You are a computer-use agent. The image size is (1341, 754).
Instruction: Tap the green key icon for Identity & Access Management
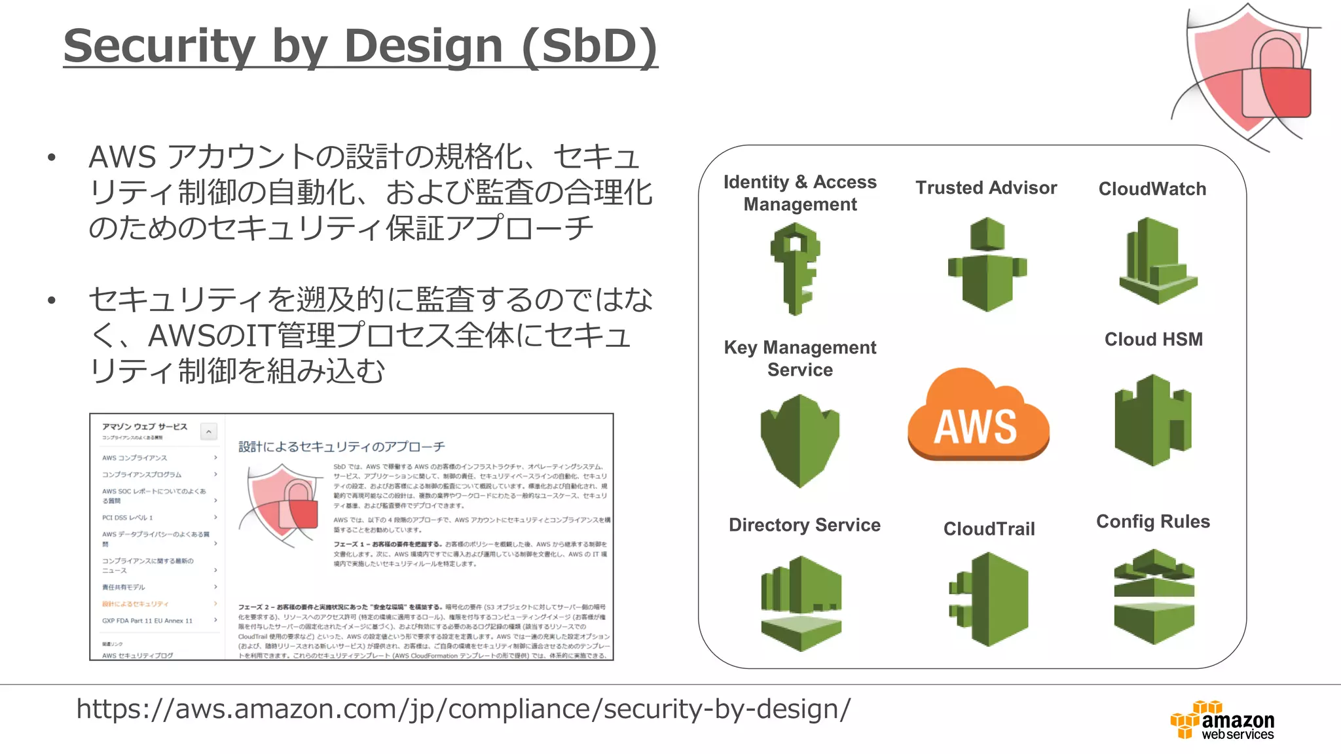[795, 268]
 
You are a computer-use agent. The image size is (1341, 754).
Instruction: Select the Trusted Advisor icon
[987, 265]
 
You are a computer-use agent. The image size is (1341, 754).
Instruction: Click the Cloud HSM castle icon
[1153, 420]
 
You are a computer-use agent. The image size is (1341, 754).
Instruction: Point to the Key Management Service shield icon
[799, 440]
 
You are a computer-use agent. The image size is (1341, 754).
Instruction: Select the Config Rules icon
[1154, 596]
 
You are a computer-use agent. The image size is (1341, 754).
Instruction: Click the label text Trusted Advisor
[986, 188]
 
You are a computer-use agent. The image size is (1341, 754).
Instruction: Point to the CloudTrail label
[989, 529]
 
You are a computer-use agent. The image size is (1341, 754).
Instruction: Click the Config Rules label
[1153, 522]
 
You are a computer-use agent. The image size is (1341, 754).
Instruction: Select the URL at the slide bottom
[464, 709]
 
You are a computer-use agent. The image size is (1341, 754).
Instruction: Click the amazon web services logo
[1222, 721]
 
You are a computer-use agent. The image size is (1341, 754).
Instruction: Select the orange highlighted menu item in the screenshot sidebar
[136, 604]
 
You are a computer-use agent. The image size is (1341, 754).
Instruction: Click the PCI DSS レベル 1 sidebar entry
[128, 518]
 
